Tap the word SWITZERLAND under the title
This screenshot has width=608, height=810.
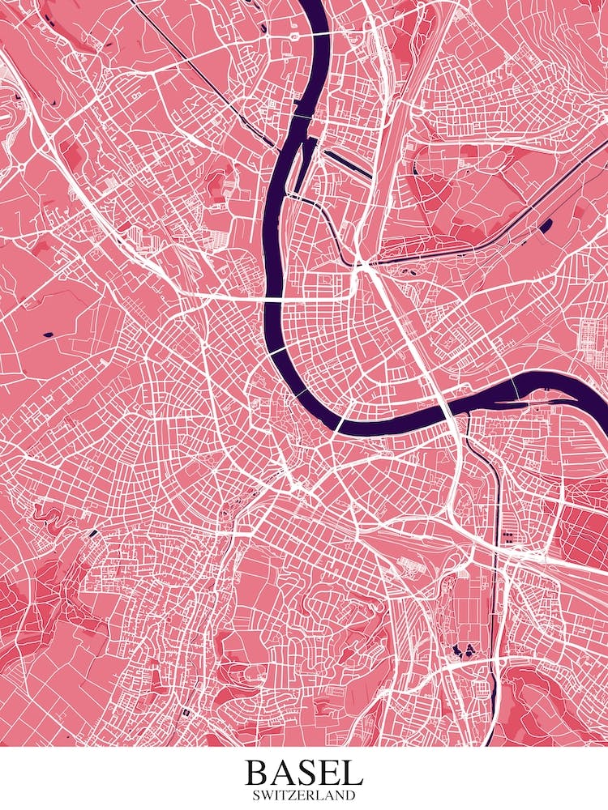pos(303,795)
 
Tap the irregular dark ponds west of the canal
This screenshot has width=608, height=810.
pos(464,648)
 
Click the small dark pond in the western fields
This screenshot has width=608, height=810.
pos(47,334)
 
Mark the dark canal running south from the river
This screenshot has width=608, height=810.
pos(491,502)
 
